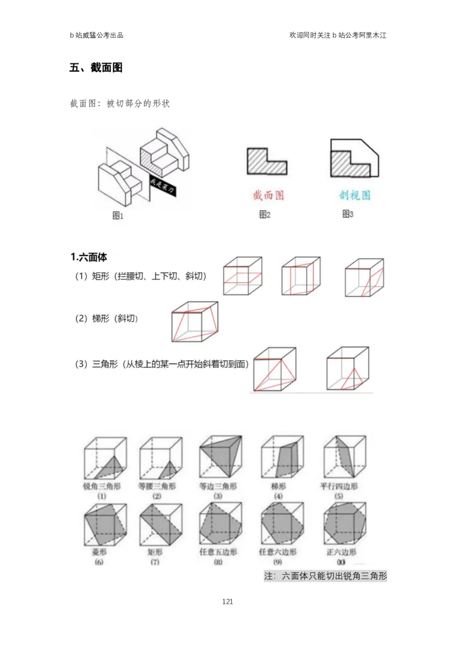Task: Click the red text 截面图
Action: pos(268,195)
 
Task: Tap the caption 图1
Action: pos(117,216)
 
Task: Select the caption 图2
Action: pos(264,215)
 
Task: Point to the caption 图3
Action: pos(348,214)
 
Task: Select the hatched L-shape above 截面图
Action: pos(266,161)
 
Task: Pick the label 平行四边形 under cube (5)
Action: pos(340,487)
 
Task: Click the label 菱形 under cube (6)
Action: pos(100,552)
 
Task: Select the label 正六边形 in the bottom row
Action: pos(341,552)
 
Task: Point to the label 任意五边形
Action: pos(219,552)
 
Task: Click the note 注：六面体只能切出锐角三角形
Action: pos(326,576)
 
